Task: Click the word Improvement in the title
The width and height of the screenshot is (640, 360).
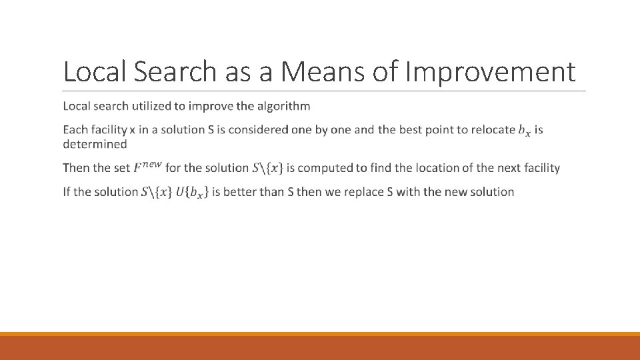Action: coord(492,71)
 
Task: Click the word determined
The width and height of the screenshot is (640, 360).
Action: coord(95,144)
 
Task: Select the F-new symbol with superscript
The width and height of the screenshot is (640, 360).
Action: coord(147,167)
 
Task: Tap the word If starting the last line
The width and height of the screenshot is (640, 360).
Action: coord(66,192)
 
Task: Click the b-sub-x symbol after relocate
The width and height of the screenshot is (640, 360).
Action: coord(525,131)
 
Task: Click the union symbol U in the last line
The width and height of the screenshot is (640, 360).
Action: coord(179,192)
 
